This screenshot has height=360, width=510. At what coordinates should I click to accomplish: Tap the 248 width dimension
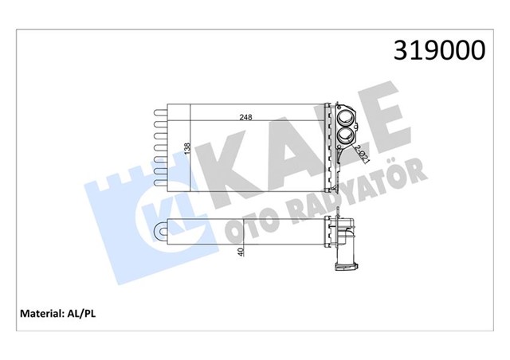[x=247, y=118]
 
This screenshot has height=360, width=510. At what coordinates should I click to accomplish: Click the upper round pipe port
[x=347, y=121]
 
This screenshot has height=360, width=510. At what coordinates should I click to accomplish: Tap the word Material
[x=38, y=313]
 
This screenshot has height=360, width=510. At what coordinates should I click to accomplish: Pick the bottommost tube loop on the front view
[x=157, y=183]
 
